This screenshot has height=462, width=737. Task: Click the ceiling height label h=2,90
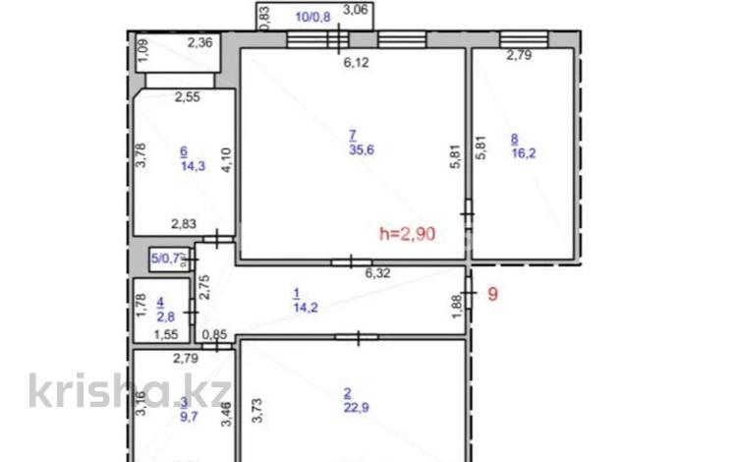[407, 234]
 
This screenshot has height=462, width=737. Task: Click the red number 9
[494, 293]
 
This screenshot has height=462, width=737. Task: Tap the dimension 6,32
[378, 274]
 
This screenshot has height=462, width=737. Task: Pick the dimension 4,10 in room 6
[226, 159]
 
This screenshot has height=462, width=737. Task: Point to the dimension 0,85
[213, 335]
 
